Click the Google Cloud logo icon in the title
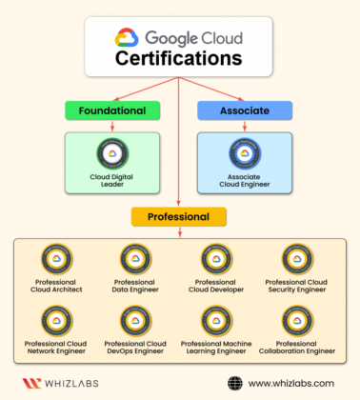tap(128, 38)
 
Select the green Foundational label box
tap(106, 110)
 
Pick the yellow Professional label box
tap(179, 216)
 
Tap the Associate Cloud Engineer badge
tap(244, 152)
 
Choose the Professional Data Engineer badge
tap(134, 259)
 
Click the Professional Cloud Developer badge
tap(218, 259)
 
